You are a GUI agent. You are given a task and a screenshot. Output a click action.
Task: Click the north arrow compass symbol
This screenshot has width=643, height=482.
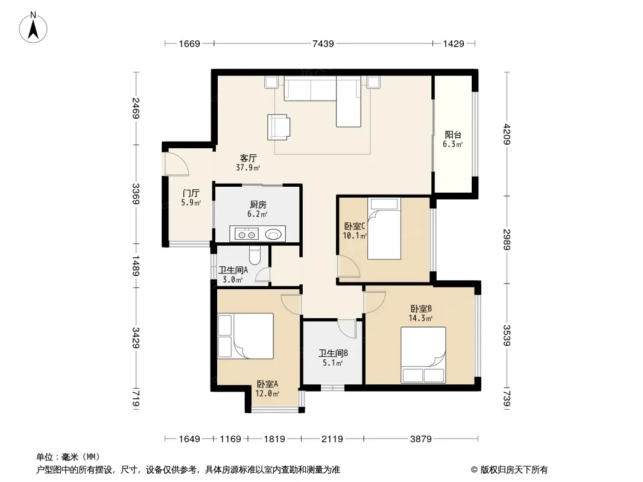tap(33, 27)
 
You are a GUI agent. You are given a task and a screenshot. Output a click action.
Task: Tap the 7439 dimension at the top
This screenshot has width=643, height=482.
tap(323, 43)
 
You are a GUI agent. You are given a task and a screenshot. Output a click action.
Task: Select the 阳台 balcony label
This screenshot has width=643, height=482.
tap(453, 135)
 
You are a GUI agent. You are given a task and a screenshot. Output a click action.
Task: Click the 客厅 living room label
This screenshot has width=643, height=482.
tap(248, 158)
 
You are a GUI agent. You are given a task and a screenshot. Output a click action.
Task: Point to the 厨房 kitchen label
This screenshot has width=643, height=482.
tap(258, 205)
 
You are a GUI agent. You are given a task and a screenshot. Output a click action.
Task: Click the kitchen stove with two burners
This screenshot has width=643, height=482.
tap(247, 234)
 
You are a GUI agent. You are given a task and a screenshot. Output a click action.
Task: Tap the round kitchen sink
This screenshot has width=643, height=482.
tap(273, 234)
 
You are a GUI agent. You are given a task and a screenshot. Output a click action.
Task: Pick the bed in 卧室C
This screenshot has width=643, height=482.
tap(384, 228)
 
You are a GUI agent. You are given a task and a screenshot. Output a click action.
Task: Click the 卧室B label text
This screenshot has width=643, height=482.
tap(421, 308)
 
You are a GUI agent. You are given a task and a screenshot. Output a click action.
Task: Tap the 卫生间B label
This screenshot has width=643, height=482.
tap(334, 353)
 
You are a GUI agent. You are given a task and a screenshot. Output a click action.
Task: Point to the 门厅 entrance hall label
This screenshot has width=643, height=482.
tap(191, 193)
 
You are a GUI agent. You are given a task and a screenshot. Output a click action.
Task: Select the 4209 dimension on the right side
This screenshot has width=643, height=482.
tap(507, 134)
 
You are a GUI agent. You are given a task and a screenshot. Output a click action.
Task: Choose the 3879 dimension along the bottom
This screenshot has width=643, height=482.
tap(421, 439)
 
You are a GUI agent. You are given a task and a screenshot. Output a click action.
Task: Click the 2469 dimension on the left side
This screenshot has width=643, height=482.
tap(136, 108)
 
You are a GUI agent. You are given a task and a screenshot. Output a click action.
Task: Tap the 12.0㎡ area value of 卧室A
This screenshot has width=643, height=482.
tap(267, 394)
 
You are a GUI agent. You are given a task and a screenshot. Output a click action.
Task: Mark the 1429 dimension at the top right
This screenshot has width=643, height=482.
tap(454, 43)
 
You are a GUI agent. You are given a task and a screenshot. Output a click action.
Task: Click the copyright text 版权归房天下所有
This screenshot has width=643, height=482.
tap(513, 470)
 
